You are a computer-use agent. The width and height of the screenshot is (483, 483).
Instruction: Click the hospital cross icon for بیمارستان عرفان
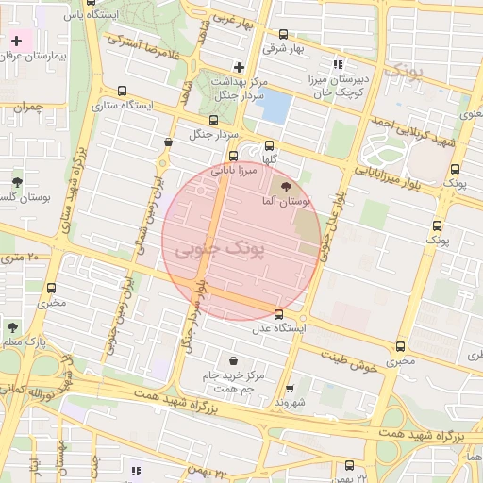click(16, 42)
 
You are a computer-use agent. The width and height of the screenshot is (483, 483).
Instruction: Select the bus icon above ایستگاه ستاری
click(122, 92)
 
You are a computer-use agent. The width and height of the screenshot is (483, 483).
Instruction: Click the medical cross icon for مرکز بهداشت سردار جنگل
click(240, 67)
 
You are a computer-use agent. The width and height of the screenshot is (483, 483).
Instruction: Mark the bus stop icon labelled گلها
click(270, 146)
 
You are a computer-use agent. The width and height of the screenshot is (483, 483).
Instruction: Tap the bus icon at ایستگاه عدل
click(278, 314)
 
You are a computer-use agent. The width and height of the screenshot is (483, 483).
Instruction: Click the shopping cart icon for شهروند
click(290, 388)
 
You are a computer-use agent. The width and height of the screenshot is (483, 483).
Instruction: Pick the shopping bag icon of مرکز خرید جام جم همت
click(233, 360)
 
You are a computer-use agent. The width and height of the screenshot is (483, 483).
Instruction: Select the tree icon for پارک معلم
click(12, 326)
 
